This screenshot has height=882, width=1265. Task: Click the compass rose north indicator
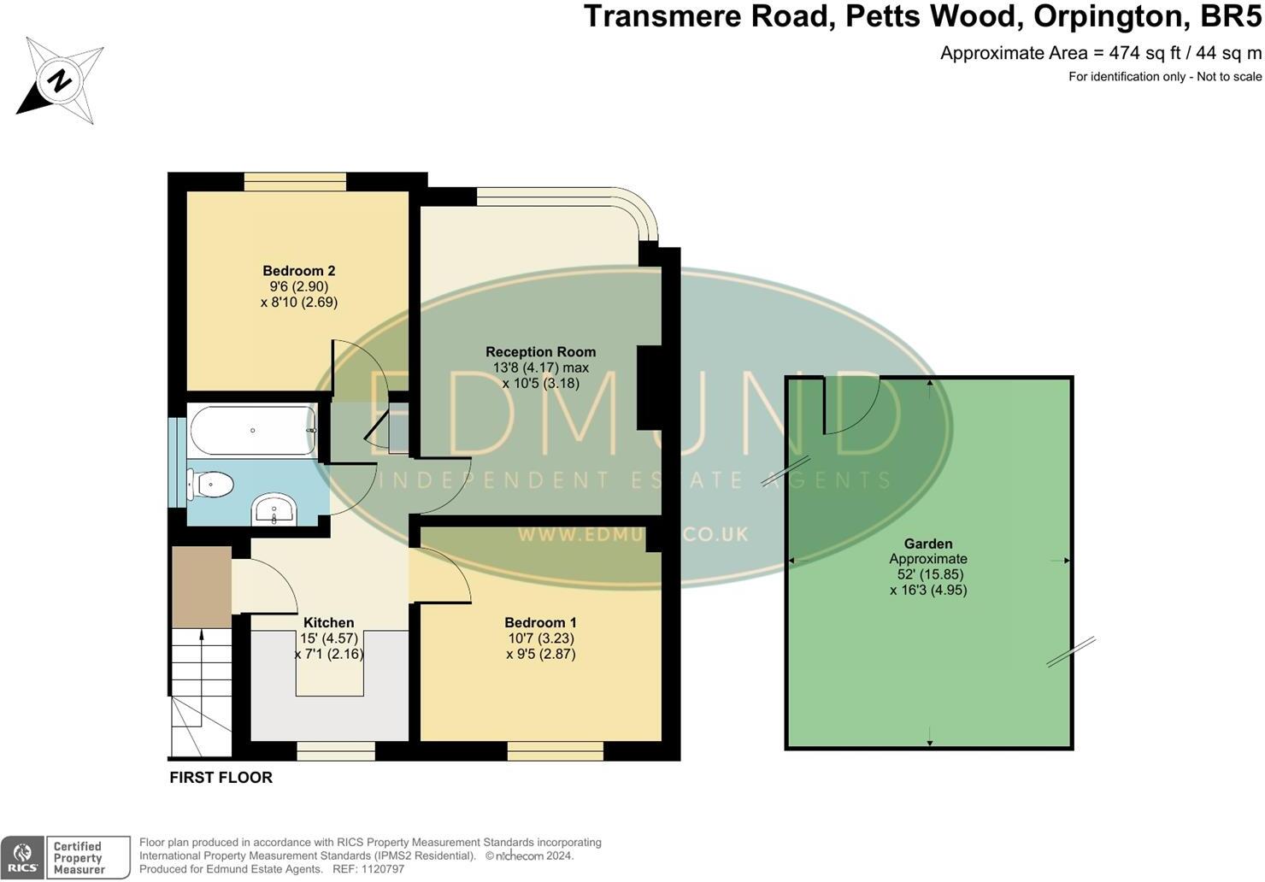click(59, 81)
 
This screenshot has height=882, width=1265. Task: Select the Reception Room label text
click(540, 351)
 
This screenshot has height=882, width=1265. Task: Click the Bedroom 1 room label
click(540, 622)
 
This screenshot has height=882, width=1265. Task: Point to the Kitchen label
click(328, 622)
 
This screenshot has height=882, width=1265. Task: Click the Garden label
click(928, 544)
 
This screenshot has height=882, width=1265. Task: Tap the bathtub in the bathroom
click(253, 431)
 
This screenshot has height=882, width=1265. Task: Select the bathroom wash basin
click(274, 510)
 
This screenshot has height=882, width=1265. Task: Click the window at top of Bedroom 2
click(295, 181)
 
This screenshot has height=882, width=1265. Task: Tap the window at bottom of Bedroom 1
click(555, 751)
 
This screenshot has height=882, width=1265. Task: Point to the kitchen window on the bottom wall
click(336, 751)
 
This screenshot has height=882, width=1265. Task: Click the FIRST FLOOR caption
click(221, 778)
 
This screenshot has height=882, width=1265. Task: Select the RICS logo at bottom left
click(23, 857)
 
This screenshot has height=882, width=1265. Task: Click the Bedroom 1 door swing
click(441, 575)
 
